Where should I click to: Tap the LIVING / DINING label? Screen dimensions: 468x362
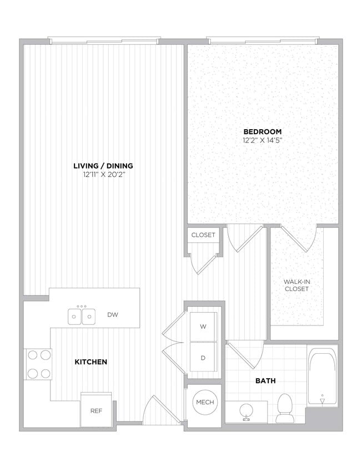point(103,166)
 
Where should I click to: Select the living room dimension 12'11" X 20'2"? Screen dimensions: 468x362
point(103,175)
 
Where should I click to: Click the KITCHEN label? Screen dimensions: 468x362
point(91,362)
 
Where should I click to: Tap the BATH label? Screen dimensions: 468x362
point(265,381)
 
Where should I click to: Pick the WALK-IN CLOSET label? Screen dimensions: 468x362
point(296,285)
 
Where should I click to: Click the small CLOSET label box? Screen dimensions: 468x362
point(203,235)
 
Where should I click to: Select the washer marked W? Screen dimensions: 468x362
point(203,327)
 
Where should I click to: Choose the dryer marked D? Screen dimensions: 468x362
point(203,358)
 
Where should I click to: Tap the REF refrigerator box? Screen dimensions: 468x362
point(96,410)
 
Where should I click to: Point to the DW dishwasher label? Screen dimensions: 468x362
point(113,316)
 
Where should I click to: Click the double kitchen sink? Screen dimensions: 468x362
point(82,317)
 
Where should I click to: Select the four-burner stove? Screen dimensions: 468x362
point(38,364)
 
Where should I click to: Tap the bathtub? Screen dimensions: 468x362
point(322,377)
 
